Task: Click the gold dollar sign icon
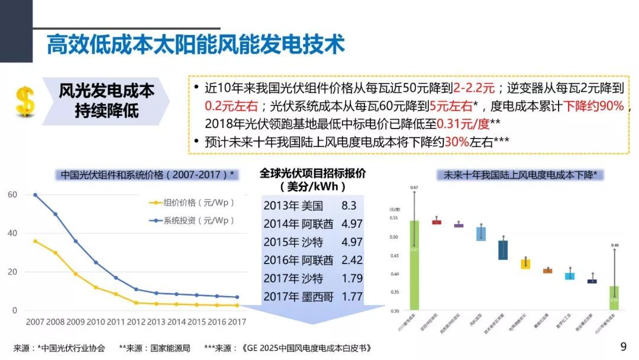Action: coord(25,101)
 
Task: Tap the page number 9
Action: coord(622,346)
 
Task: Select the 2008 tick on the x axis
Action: coord(56,322)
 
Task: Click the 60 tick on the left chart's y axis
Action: coord(12,195)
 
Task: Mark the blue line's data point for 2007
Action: coord(35,195)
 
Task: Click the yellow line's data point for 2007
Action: coord(35,241)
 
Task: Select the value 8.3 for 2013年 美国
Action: coord(349,206)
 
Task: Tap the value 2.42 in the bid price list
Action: coord(352,260)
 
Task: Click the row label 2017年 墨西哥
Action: coord(298,296)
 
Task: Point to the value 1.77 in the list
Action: coord(352,296)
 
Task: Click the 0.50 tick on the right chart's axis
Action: coord(395,237)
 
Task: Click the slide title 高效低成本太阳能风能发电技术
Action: coord(195,45)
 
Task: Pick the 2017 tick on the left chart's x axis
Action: coord(237,322)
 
